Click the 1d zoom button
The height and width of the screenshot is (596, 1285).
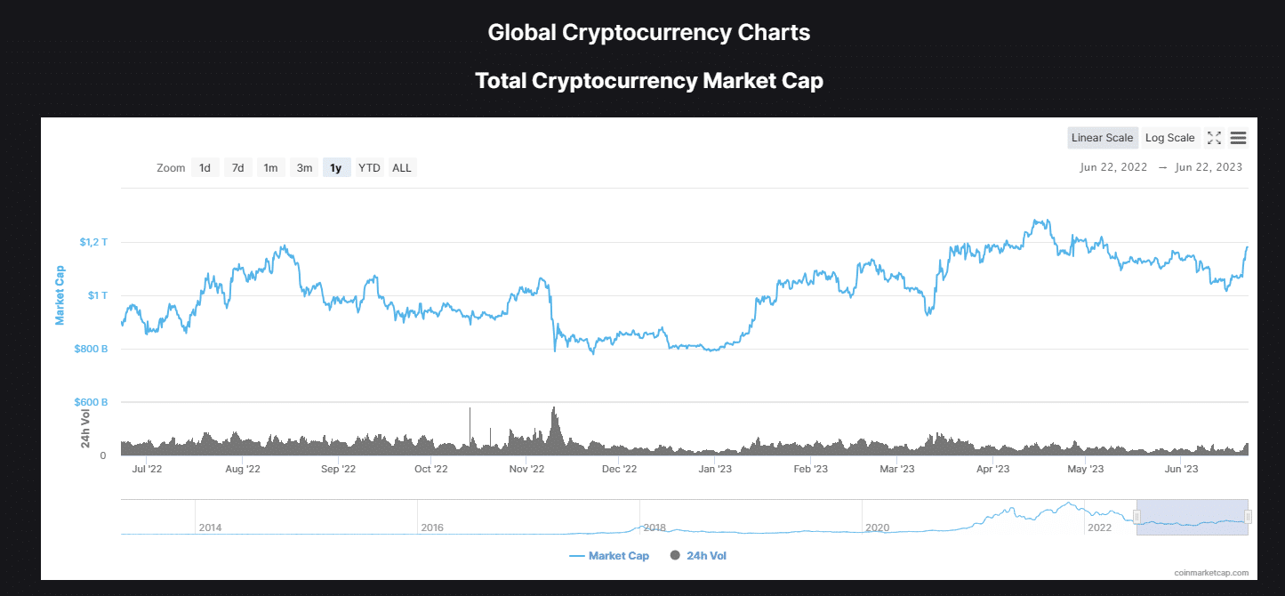click(x=205, y=167)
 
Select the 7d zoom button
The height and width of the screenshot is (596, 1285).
click(x=237, y=167)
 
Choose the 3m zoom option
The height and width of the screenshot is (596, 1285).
click(x=304, y=167)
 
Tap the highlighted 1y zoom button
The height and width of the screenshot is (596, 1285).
click(x=336, y=167)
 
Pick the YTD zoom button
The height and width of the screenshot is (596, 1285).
click(x=369, y=167)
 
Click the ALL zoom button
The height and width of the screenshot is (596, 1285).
click(x=402, y=167)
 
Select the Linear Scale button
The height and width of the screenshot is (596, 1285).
click(x=1102, y=138)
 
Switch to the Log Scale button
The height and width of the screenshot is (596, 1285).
click(x=1169, y=138)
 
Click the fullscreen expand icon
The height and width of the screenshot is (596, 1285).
click(x=1214, y=138)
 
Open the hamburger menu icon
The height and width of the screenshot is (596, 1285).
click(x=1238, y=138)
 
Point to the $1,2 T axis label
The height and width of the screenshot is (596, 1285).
click(x=92, y=242)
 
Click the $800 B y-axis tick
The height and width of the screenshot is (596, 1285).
click(x=92, y=349)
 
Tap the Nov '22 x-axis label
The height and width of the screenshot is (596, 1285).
click(x=526, y=469)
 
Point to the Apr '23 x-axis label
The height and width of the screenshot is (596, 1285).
click(x=992, y=469)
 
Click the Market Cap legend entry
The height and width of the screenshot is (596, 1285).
click(x=609, y=556)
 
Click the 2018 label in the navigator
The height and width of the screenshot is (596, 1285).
click(x=655, y=528)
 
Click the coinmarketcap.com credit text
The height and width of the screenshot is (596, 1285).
click(x=1210, y=573)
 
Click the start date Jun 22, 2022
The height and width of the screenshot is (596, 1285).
click(x=1113, y=167)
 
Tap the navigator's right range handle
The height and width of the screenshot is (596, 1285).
click(x=1248, y=517)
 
